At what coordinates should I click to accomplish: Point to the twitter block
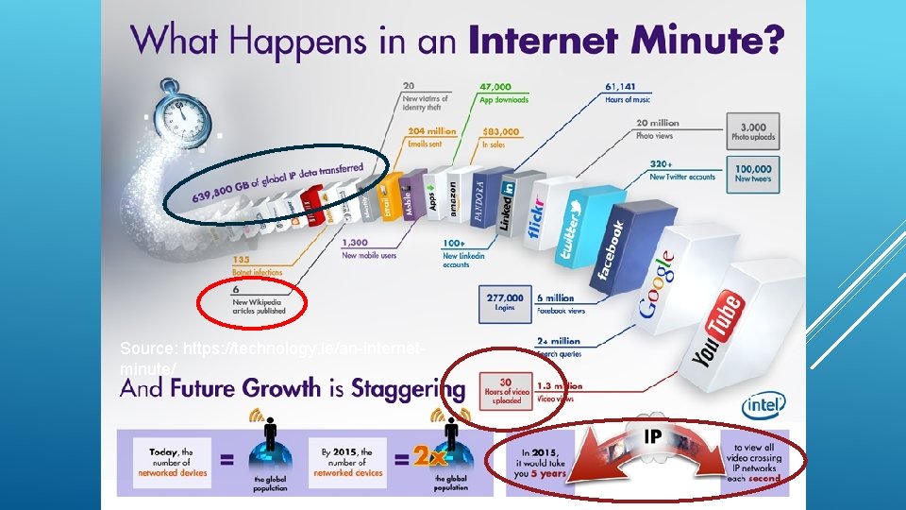point(572,226)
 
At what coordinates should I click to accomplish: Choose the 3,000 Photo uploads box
point(752,130)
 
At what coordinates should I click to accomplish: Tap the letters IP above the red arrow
point(653,436)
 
